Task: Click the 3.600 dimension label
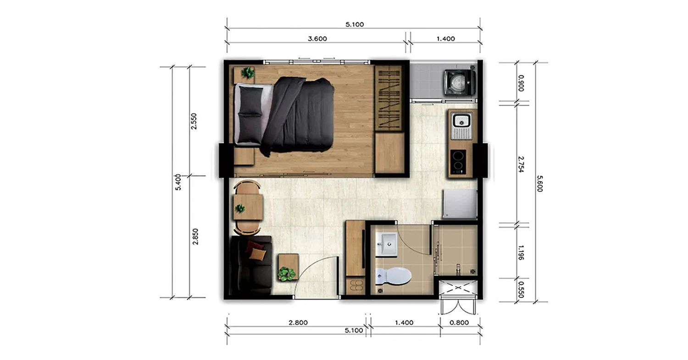[x=317, y=39]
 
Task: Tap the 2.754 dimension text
[x=521, y=164]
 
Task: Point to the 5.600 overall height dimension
[x=540, y=183]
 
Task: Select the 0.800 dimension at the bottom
[x=459, y=322]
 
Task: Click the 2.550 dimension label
[x=194, y=122]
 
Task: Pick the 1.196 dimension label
[x=521, y=253]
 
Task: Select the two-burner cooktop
[x=458, y=162]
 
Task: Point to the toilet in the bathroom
[x=393, y=276]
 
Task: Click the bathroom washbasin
[x=386, y=244]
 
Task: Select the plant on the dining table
[x=239, y=209]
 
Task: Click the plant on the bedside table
[x=248, y=73]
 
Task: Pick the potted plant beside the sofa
[x=287, y=273]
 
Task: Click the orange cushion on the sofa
[x=257, y=254]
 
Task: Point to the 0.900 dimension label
[x=521, y=83]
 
